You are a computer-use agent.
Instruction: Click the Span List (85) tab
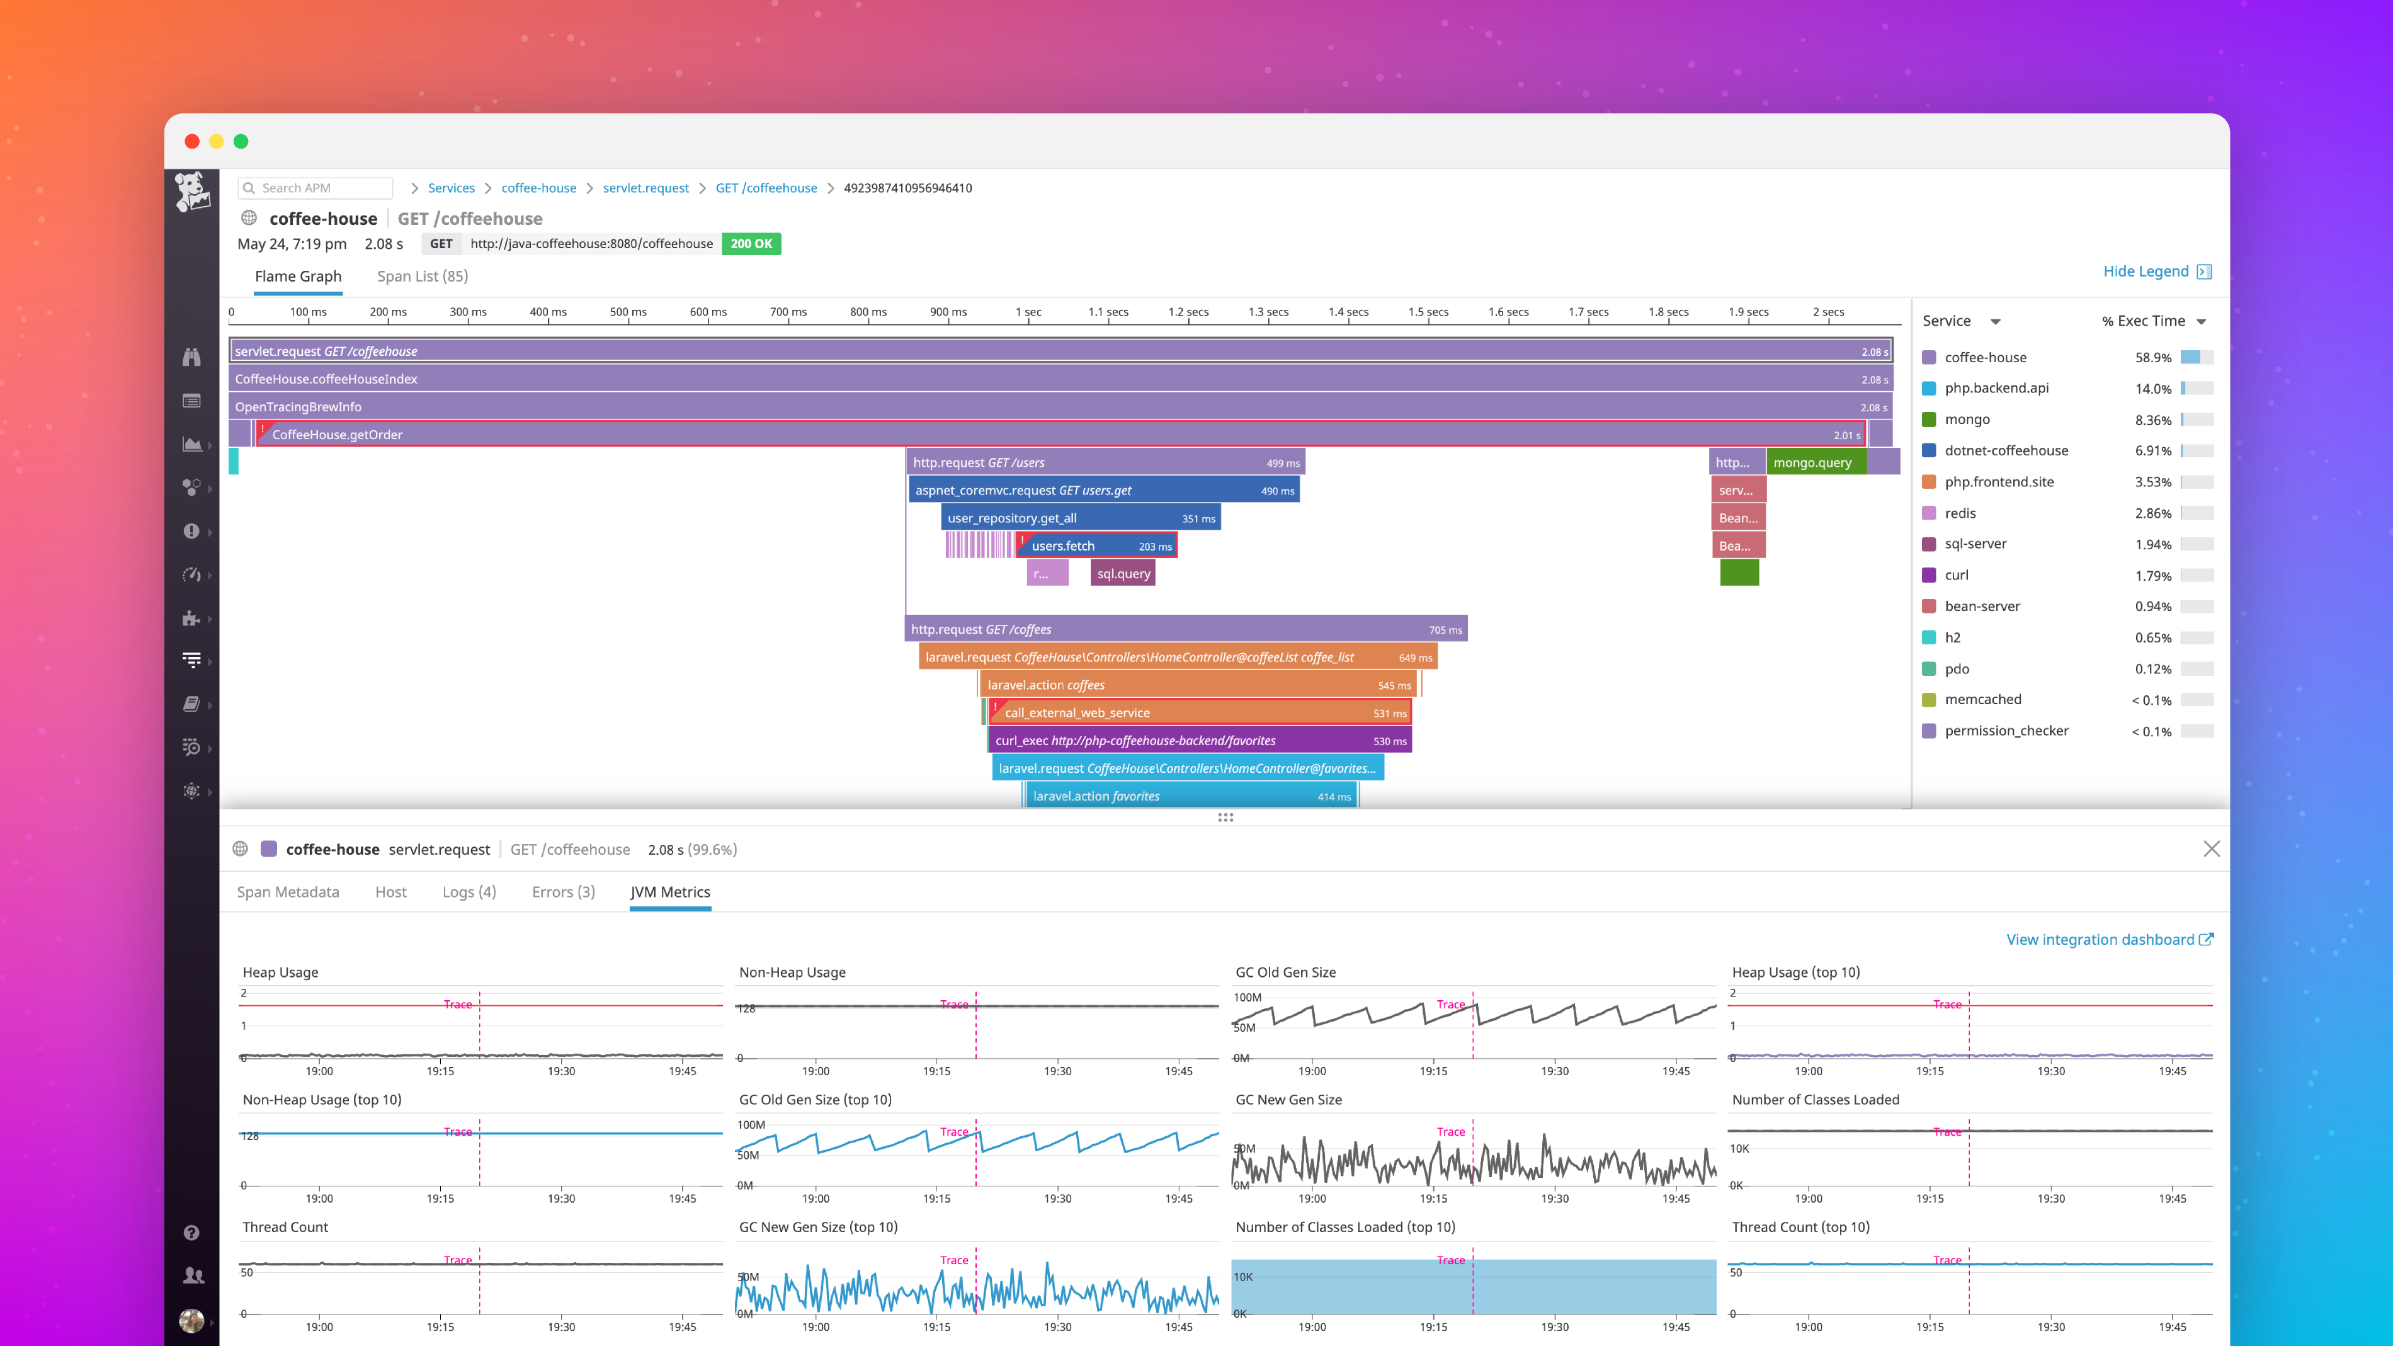[x=422, y=276]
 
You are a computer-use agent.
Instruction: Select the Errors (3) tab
[x=563, y=892]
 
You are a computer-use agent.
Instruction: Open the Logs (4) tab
[x=469, y=892]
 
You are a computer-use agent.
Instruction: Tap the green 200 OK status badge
[x=751, y=243]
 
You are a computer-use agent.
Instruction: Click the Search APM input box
[x=316, y=188]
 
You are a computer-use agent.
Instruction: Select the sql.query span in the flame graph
[x=1123, y=573]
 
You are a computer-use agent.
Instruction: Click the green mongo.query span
[x=1814, y=462]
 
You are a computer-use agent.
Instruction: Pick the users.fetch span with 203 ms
[x=1096, y=545]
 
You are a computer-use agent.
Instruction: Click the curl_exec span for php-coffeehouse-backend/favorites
[x=1198, y=740]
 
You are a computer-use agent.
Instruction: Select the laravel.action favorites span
[x=1189, y=796]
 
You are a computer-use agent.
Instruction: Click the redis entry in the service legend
[x=1960, y=513]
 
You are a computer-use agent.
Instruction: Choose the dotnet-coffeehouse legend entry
[x=2006, y=450]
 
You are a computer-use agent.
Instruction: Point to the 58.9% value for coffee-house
[x=2152, y=358]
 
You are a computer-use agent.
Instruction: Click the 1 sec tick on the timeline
[x=1028, y=313]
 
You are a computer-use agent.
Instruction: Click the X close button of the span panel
[x=2211, y=849]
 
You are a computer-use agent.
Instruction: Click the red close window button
[x=192, y=141]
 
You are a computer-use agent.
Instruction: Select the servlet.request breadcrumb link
[x=645, y=188]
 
